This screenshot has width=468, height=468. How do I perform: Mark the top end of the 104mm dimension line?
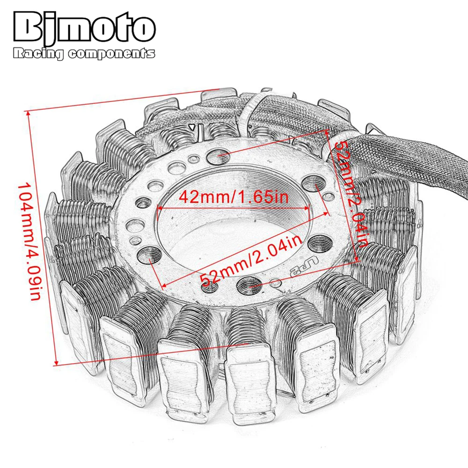[x=28, y=111]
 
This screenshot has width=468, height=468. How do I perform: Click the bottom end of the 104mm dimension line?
[x=56, y=364]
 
